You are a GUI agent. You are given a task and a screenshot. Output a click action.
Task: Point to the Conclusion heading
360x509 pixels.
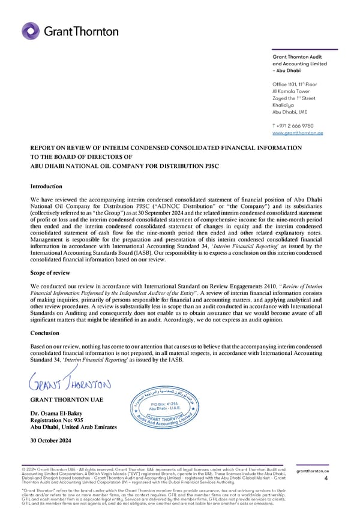tap(46, 333)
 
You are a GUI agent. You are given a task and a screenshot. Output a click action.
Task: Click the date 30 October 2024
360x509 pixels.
tap(50, 441)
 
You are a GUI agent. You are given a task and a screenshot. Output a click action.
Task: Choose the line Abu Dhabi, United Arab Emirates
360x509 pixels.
tap(74, 427)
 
